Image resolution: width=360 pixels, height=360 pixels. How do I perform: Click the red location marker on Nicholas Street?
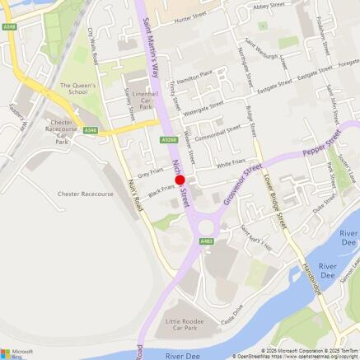click(x=180, y=180)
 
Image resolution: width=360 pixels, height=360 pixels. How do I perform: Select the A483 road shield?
click(x=206, y=241)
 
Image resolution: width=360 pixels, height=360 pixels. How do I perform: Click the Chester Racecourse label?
click(x=86, y=194)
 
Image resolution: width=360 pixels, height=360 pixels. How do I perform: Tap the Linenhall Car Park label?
click(x=146, y=100)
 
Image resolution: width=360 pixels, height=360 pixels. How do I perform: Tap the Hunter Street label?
click(x=194, y=16)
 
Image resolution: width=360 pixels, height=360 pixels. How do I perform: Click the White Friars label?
click(x=231, y=166)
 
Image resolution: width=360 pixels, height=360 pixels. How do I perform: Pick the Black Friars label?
click(x=161, y=190)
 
